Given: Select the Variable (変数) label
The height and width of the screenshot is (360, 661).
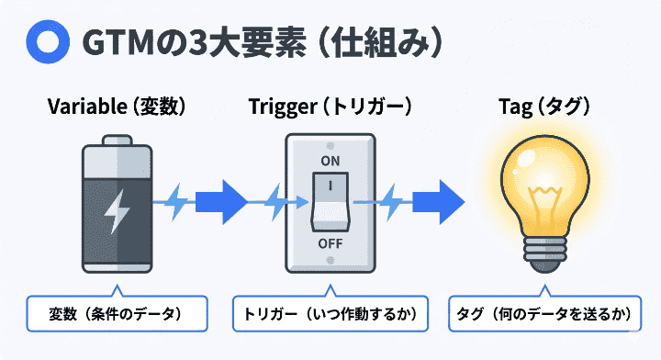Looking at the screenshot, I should [117, 107].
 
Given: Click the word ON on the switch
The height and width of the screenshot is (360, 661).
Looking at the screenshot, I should [330, 162].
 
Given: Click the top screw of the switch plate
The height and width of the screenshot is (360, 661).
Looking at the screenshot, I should [330, 144].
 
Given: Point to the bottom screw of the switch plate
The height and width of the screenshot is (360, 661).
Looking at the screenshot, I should [330, 261].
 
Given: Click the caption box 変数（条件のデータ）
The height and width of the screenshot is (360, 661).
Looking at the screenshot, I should [117, 314].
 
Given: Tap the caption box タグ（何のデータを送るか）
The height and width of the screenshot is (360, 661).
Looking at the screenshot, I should [545, 314].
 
